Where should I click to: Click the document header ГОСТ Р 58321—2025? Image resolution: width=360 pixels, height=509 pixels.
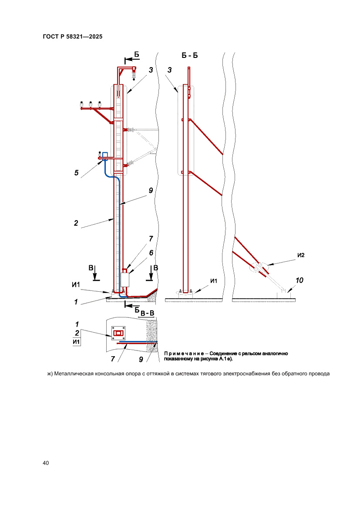[x=73, y=37]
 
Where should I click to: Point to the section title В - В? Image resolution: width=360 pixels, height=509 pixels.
[x=147, y=313]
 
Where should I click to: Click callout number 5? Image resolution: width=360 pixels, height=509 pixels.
[x=77, y=173]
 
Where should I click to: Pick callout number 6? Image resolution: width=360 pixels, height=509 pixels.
[x=151, y=253]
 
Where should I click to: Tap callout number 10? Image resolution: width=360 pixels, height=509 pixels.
[x=299, y=281]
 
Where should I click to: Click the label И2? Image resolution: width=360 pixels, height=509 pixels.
[x=300, y=256]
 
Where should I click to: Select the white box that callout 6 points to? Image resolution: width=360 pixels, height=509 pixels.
[x=125, y=279]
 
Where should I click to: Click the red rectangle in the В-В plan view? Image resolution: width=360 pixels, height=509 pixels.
[x=118, y=334]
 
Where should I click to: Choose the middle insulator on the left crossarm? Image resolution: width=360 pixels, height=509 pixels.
[x=91, y=105]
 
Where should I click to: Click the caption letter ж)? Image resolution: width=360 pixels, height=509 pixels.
[x=50, y=374]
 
